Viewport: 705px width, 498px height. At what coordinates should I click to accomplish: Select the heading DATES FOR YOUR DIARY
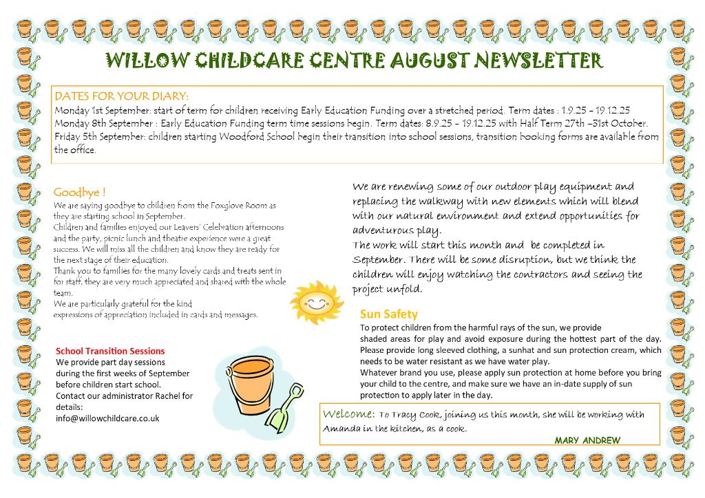[x=121, y=96]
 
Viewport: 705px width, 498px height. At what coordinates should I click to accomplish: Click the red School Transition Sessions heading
[x=110, y=351]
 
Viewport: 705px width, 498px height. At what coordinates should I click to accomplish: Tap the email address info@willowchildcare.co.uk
[x=107, y=418]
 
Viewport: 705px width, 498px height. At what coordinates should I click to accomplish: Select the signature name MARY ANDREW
[x=587, y=440]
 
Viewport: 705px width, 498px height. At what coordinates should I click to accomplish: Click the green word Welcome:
[x=348, y=414]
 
